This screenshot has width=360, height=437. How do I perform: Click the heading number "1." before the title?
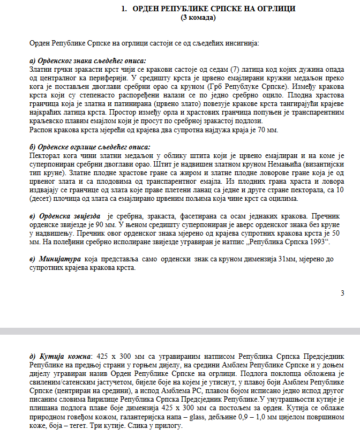pos(124,9)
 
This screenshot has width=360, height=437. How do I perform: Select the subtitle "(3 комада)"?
pos(199,17)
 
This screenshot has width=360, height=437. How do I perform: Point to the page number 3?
pos(342,292)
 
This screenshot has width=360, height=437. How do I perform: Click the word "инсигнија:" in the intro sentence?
pos(242,42)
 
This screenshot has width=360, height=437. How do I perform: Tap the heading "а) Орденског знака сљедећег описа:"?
pos(88,61)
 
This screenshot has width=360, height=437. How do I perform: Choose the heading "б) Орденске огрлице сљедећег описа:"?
pos(89,147)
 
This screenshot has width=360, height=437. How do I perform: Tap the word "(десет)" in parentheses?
pos(42,199)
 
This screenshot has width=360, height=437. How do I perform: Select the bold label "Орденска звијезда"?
pos(72,215)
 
